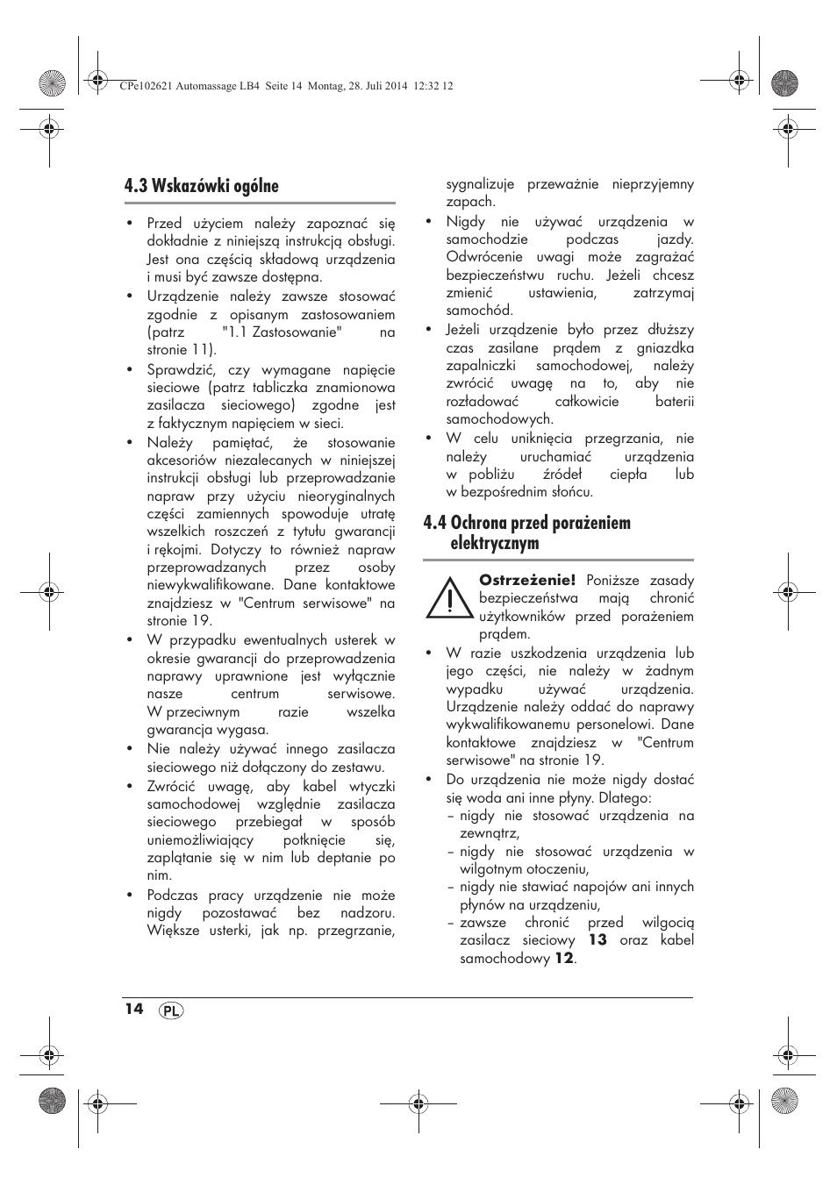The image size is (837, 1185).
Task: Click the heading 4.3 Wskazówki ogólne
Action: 201,185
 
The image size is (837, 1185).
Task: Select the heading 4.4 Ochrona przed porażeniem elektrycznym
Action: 526,532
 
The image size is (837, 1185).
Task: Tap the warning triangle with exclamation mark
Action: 447,598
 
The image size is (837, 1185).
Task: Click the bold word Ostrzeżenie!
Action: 526,580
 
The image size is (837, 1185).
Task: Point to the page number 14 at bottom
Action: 133,1009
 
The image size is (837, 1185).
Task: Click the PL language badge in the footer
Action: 171,1010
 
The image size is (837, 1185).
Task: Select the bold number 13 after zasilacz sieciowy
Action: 597,939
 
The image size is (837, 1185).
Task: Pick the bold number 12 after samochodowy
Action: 563,958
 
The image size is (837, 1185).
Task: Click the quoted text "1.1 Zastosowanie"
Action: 281,332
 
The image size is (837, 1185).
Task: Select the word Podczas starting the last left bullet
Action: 172,895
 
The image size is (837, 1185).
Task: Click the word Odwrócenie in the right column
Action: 484,256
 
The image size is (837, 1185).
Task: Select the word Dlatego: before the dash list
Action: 623,797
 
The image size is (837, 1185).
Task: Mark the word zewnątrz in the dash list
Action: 489,833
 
